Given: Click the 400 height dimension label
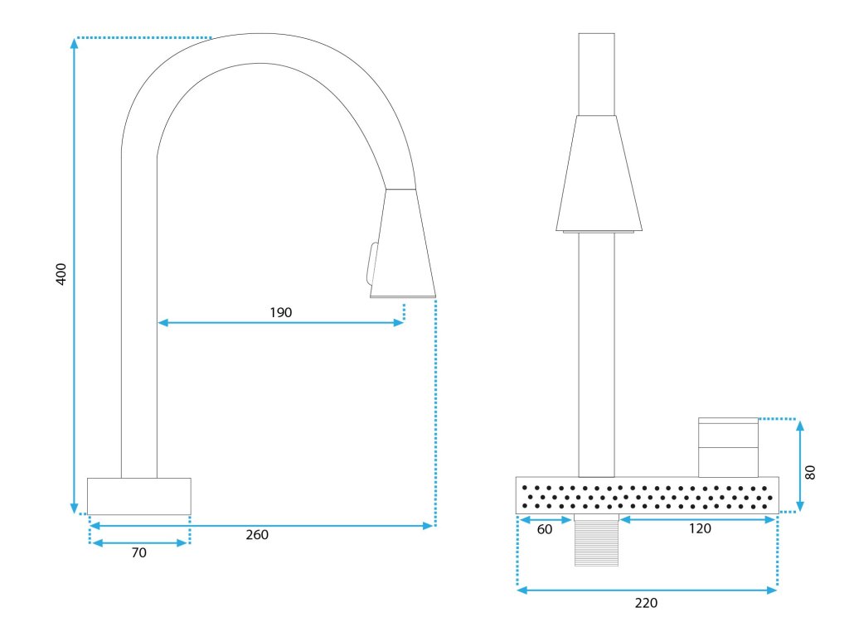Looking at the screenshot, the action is point(61,274).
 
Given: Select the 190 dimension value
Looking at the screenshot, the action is point(281,312).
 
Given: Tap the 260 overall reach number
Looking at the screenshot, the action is point(257,535).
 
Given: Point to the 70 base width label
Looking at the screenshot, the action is point(139,552).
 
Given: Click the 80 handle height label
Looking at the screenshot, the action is point(811,472).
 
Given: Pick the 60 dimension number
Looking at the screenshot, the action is point(545,529).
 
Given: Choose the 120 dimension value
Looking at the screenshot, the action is point(700,529).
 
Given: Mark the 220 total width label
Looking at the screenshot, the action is point(646,603).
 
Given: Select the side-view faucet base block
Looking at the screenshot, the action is point(139,496).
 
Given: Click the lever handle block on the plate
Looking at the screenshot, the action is point(728,447).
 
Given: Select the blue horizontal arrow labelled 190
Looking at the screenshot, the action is point(281,322).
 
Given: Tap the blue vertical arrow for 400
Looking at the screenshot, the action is point(75,276).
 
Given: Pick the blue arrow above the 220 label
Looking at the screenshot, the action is point(647,590).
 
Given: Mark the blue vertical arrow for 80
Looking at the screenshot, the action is point(800,466).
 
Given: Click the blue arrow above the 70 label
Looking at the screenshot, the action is point(139,542).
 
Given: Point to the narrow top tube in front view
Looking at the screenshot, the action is point(596,74).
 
